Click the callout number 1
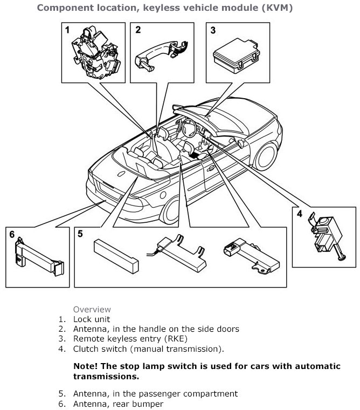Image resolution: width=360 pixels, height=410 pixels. click(67, 31)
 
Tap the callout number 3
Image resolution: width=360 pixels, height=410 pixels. click(213, 31)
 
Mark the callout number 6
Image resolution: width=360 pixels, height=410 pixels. click(12, 234)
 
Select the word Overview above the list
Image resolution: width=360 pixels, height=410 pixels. click(92, 309)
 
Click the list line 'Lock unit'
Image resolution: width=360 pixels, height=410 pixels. click(92, 319)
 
